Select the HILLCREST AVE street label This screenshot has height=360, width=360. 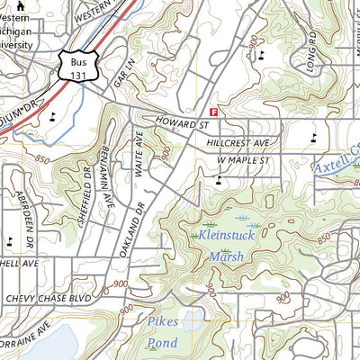click(x=237, y=142)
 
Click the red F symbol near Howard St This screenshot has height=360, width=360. click(x=213, y=111)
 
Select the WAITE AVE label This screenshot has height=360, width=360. click(x=139, y=152)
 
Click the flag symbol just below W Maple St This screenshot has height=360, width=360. click(x=219, y=181)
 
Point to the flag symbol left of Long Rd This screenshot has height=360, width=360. click(x=262, y=55)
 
